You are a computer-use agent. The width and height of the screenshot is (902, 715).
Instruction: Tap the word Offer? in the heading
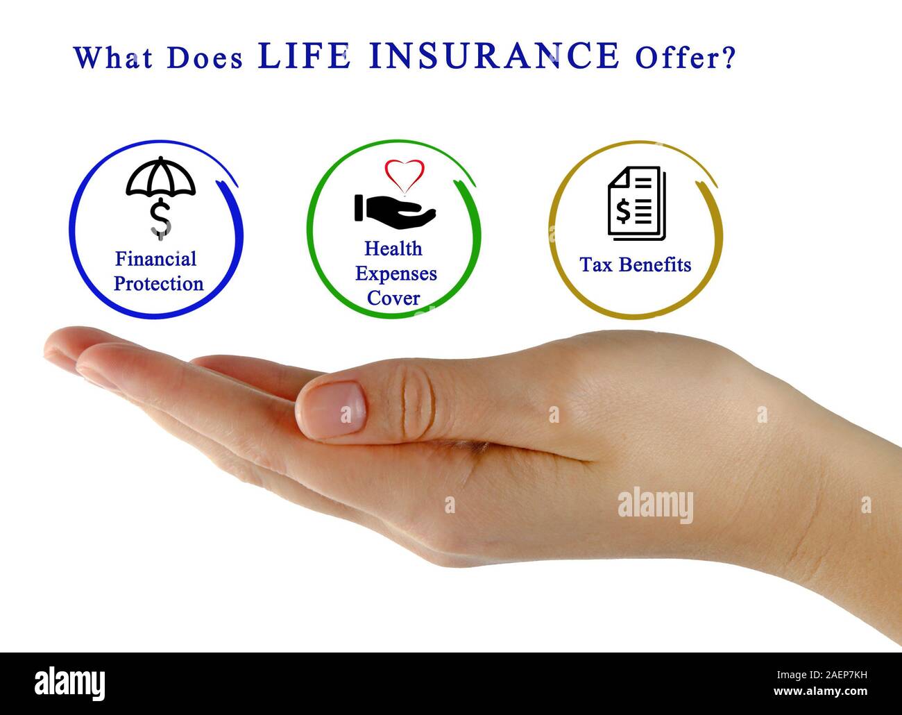pos(683,58)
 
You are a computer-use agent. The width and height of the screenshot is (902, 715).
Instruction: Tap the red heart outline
pos(404,175)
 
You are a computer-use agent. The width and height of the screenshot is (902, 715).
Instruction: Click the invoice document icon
pos(636,203)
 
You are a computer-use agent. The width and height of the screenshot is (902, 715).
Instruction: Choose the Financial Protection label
pos(158,271)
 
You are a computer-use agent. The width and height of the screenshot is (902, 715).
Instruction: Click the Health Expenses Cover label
pos(395,274)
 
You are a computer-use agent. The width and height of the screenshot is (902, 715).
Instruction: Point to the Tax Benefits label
pos(636,264)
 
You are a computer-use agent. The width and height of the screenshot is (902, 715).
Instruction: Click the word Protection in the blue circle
pos(158,284)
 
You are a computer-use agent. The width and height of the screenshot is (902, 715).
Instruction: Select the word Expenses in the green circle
pos(395,274)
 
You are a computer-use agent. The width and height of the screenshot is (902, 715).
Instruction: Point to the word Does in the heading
pos(205,58)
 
